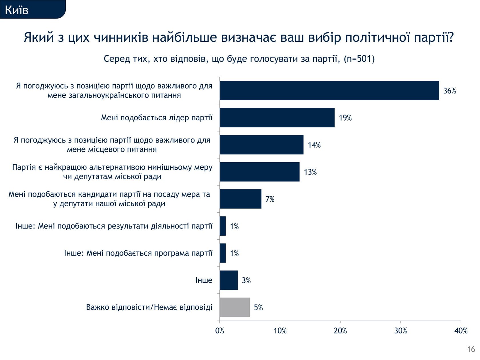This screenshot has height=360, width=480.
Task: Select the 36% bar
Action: [x=329, y=91]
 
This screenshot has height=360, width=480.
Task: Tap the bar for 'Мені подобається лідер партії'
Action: [x=277, y=118]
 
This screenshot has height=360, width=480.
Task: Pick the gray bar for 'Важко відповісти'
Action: [x=235, y=307]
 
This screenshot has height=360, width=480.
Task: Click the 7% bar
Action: [x=240, y=199]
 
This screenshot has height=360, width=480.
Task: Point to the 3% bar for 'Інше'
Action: [x=229, y=280]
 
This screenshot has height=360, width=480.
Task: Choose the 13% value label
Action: [x=310, y=172]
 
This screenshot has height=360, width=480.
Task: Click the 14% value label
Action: [x=314, y=145]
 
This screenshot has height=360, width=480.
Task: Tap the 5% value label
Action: [x=258, y=307]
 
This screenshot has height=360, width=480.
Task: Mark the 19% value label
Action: [x=345, y=118]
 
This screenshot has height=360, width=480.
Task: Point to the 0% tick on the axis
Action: [x=219, y=331]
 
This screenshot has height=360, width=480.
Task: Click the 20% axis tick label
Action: [x=340, y=331]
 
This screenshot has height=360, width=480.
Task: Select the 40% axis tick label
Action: [x=461, y=331]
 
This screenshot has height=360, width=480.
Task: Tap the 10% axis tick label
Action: [x=280, y=331]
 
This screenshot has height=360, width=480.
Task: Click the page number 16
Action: [x=471, y=349]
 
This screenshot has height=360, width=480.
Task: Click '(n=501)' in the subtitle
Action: [x=359, y=59]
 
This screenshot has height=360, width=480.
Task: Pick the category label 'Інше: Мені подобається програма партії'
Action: [x=138, y=253]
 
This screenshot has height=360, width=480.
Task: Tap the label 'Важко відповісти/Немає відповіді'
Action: [x=149, y=307]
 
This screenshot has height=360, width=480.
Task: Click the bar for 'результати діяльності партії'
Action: [x=223, y=226]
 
